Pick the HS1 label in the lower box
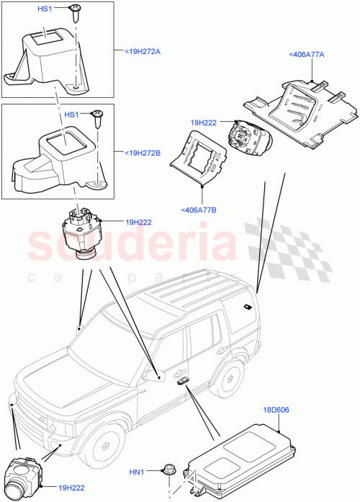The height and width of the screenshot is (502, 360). [x=72, y=115]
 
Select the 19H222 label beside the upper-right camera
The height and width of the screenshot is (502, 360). [x=204, y=122]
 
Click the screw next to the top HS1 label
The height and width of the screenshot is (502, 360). [x=74, y=11]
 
